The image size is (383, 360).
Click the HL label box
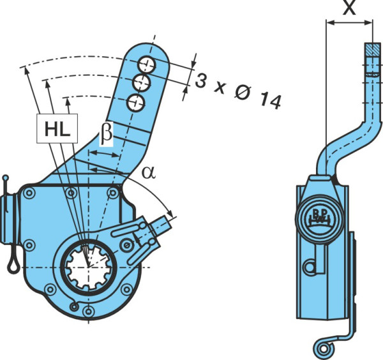click(x=57, y=128)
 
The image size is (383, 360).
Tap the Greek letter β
click(x=106, y=133)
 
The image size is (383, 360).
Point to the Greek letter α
click(x=149, y=173)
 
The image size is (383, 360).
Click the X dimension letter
click(x=349, y=7)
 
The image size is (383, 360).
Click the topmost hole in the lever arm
click(x=147, y=64)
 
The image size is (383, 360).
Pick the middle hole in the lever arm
click(x=142, y=83)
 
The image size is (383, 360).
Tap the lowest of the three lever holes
click(x=136, y=103)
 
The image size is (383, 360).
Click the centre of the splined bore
click(x=89, y=266)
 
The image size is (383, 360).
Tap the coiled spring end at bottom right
click(x=325, y=349)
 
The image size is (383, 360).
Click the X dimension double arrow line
click(x=349, y=23)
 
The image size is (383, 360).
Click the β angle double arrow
click(x=104, y=154)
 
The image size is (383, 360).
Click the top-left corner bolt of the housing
click(x=29, y=193)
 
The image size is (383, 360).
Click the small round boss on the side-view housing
click(x=310, y=267)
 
